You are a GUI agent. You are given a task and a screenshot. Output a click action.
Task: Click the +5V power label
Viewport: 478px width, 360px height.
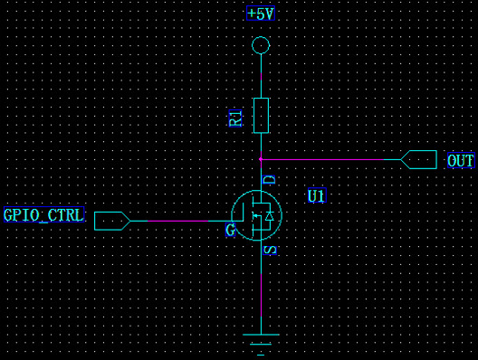tap(261, 14)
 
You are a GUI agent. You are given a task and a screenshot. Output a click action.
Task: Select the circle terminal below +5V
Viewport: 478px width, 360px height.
tap(261, 37)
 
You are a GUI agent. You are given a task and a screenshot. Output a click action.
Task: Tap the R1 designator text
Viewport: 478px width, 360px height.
tap(235, 118)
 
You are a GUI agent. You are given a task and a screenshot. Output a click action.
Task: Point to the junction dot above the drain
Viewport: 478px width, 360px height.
tap(261, 159)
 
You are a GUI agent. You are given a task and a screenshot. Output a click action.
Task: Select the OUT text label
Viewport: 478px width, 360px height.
tap(461, 160)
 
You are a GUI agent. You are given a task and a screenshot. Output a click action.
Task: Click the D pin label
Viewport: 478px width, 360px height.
tap(270, 180)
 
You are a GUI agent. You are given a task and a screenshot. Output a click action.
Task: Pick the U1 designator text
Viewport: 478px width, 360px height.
tap(317, 195)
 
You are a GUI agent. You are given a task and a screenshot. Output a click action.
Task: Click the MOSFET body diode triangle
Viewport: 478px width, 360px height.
tap(269, 216)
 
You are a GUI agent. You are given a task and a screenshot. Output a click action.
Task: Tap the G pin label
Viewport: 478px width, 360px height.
tap(231, 230)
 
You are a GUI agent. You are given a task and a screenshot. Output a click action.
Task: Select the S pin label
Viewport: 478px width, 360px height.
tap(270, 250)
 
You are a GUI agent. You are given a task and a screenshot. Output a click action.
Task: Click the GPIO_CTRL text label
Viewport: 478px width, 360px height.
tap(43, 214)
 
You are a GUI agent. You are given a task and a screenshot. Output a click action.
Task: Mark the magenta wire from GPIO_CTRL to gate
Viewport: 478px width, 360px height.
tap(177, 221)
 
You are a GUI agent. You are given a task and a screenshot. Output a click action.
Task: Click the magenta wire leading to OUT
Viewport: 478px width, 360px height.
tap(322, 159)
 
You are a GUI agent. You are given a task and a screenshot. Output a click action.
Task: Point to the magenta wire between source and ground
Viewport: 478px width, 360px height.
tap(261, 295)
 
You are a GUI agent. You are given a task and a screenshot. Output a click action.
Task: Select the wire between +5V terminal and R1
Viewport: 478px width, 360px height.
tap(261, 76)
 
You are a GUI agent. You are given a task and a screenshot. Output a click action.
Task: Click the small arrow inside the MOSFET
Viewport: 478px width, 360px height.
tap(256, 216)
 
